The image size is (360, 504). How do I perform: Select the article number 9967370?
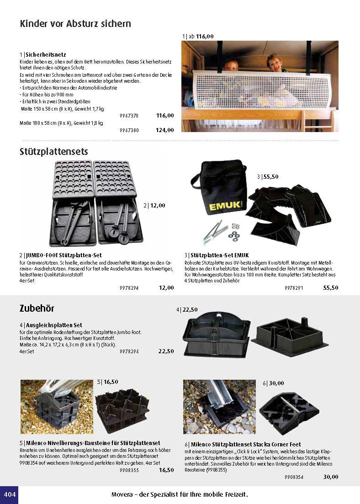point(129,116)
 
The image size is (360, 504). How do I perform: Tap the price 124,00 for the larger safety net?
point(165,130)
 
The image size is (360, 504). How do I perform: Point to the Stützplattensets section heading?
point(54,151)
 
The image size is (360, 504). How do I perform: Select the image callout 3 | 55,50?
point(268,176)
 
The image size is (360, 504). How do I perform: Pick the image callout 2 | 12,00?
point(154,206)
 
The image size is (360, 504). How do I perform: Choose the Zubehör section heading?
point(37,308)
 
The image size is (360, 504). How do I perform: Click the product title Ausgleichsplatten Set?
point(53,325)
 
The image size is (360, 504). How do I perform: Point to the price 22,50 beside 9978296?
point(166,351)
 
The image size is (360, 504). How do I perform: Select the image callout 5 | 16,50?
point(108,382)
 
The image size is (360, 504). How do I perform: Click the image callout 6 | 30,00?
point(273,383)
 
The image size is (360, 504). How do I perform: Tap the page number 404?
point(9,495)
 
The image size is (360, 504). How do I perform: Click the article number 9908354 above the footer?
point(294,477)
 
